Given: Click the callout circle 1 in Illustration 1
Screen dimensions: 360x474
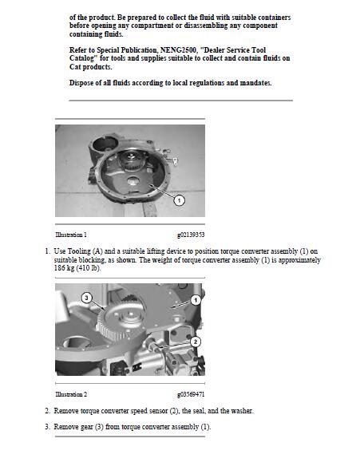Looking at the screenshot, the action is pos(180,200).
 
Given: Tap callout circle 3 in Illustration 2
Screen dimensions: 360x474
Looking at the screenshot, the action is pos(86,298).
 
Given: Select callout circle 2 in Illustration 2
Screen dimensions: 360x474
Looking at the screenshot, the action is pos(196,342).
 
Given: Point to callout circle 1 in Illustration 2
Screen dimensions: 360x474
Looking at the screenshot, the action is pos(196,300).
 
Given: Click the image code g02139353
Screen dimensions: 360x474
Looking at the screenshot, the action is pos(191,235).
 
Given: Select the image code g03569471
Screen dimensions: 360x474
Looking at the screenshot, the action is pos(191,394).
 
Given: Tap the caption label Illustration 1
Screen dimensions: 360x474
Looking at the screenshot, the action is pos(71,235).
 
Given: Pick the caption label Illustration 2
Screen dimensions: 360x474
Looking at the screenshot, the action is pos(71,394).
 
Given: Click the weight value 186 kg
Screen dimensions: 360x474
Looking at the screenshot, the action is pos(64,268).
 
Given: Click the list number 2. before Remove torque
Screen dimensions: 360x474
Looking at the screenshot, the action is pos(47,411).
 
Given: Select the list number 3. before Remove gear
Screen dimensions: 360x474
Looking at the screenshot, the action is pos(47,427).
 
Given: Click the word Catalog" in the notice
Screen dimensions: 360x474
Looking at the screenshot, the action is pos(81,58).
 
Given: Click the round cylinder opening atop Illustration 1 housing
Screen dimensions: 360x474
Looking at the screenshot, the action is pos(105,144).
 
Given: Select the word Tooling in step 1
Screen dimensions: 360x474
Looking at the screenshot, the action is pos(79,251).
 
